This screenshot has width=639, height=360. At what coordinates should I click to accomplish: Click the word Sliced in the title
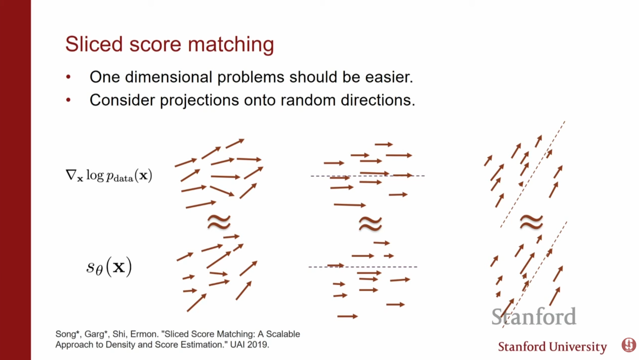(94, 44)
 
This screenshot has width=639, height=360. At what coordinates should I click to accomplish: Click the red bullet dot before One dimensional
(68, 77)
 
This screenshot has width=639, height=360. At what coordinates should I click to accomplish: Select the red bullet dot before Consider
(68, 100)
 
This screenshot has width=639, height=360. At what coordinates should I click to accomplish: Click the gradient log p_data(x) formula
(109, 175)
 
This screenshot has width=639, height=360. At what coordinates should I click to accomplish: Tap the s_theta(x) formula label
(109, 267)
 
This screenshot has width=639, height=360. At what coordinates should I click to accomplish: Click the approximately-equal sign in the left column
(219, 222)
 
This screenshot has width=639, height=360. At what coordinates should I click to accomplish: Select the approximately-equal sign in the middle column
(370, 223)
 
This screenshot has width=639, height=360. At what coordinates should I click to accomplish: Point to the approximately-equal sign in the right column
(531, 221)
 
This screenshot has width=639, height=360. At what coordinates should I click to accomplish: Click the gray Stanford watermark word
(534, 316)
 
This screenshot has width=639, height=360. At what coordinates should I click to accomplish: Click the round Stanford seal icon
(629, 345)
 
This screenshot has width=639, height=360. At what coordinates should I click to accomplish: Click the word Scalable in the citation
(283, 334)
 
